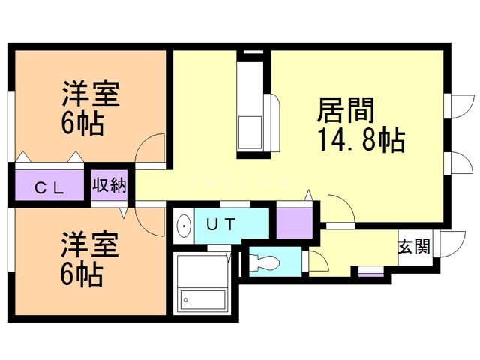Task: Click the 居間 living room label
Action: (x=346, y=112)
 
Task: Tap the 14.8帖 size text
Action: (x=361, y=141)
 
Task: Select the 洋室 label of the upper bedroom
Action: (x=91, y=96)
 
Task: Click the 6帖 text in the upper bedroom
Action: (x=82, y=124)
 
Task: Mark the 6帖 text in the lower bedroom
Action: (x=82, y=275)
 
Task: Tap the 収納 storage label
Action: (x=109, y=185)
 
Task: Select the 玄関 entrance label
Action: (x=414, y=246)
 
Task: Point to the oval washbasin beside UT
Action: (x=184, y=225)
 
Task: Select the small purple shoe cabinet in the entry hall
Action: (x=369, y=271)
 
